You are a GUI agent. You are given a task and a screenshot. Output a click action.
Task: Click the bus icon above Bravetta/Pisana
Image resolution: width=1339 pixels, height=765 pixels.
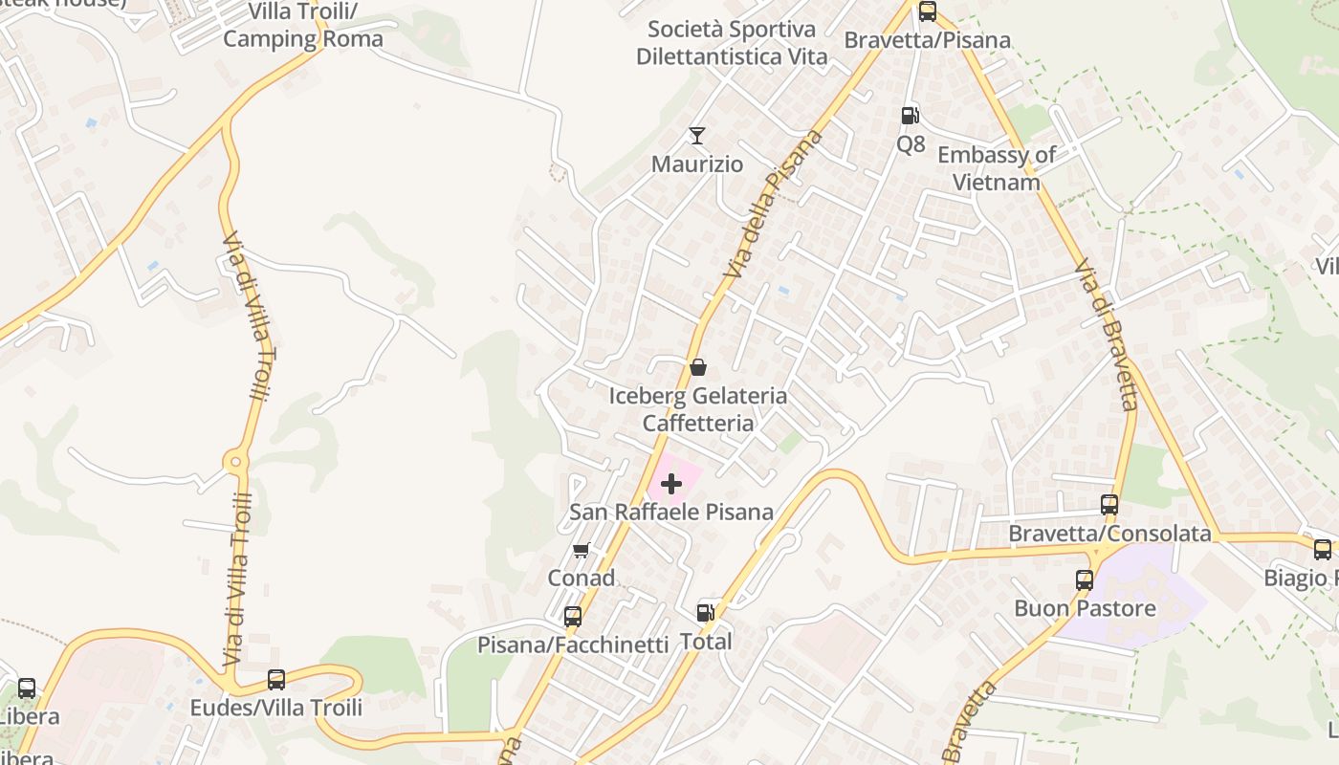click(x=927, y=11)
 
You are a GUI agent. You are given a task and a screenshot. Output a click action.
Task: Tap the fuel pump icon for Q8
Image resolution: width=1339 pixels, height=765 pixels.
click(x=910, y=116)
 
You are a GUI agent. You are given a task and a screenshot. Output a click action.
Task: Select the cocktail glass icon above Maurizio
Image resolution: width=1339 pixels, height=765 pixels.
click(x=697, y=136)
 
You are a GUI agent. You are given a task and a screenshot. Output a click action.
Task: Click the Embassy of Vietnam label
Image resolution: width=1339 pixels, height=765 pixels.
click(x=996, y=167)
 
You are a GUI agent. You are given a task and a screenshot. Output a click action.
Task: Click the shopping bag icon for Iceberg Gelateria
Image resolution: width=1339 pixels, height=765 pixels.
click(x=698, y=367)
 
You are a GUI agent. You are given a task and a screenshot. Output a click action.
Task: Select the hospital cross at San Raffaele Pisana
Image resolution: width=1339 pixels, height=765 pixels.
click(x=671, y=484)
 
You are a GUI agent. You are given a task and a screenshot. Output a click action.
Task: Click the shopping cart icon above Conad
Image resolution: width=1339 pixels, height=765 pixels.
click(x=581, y=551)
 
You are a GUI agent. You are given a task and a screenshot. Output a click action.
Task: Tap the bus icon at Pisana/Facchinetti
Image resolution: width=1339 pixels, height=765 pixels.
click(x=572, y=617)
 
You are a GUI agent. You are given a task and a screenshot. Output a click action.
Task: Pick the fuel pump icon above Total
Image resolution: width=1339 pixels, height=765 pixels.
click(x=705, y=613)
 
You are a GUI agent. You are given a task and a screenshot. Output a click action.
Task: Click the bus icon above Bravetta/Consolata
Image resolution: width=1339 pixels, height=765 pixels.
click(x=1109, y=504)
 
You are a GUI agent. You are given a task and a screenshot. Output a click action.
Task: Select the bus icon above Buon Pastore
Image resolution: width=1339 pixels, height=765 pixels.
click(x=1084, y=579)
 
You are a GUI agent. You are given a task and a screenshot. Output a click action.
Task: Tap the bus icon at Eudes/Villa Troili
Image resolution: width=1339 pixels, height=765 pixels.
click(x=275, y=680)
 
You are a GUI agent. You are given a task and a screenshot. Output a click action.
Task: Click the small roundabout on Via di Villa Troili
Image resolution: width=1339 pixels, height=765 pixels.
click(x=235, y=463)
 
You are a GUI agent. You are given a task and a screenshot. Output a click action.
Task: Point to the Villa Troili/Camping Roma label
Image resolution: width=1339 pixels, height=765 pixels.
click(x=302, y=26)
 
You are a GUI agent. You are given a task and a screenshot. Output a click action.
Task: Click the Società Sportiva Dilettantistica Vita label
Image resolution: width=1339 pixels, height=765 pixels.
click(x=732, y=43)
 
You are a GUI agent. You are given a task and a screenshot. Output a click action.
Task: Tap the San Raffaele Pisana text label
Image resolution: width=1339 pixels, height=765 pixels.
click(x=670, y=512)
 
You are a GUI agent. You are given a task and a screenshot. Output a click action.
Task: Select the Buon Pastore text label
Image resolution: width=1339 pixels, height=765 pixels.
click(x=1085, y=608)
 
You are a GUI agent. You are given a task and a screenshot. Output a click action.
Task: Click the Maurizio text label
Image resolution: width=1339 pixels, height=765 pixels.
click(x=696, y=164)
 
